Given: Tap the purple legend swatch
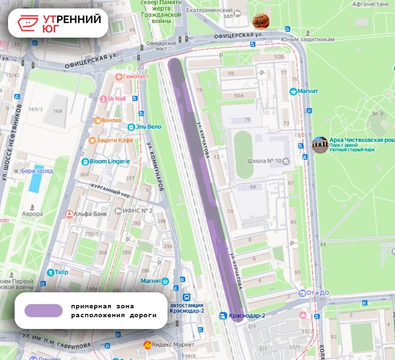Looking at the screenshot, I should pos(43,311).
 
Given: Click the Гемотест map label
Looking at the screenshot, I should pos(136,76).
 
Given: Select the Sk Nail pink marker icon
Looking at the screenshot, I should pos(103,99).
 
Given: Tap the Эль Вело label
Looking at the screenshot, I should pos(149,127).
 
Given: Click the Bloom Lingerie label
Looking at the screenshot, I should pos(110,161).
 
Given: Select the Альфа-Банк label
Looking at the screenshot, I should pos(90,214).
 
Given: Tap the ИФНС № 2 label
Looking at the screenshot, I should pos(137,211).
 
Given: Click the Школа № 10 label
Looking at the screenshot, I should pos(264,161).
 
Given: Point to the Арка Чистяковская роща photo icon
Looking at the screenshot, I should pos(320,145).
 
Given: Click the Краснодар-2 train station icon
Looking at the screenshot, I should pos(223,315).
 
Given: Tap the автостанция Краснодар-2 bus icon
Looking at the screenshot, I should pos(187,297).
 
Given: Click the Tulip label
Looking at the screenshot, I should pos(62,272).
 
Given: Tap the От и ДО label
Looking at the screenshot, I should pos(317,293).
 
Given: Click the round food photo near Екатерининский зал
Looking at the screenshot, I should pos(261,21).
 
